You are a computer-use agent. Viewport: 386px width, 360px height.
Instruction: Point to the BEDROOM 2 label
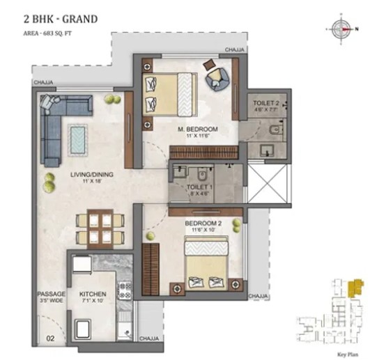(203, 224)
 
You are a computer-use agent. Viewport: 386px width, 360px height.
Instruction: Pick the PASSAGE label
(51, 295)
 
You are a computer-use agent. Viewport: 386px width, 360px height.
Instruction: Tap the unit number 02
(50, 339)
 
